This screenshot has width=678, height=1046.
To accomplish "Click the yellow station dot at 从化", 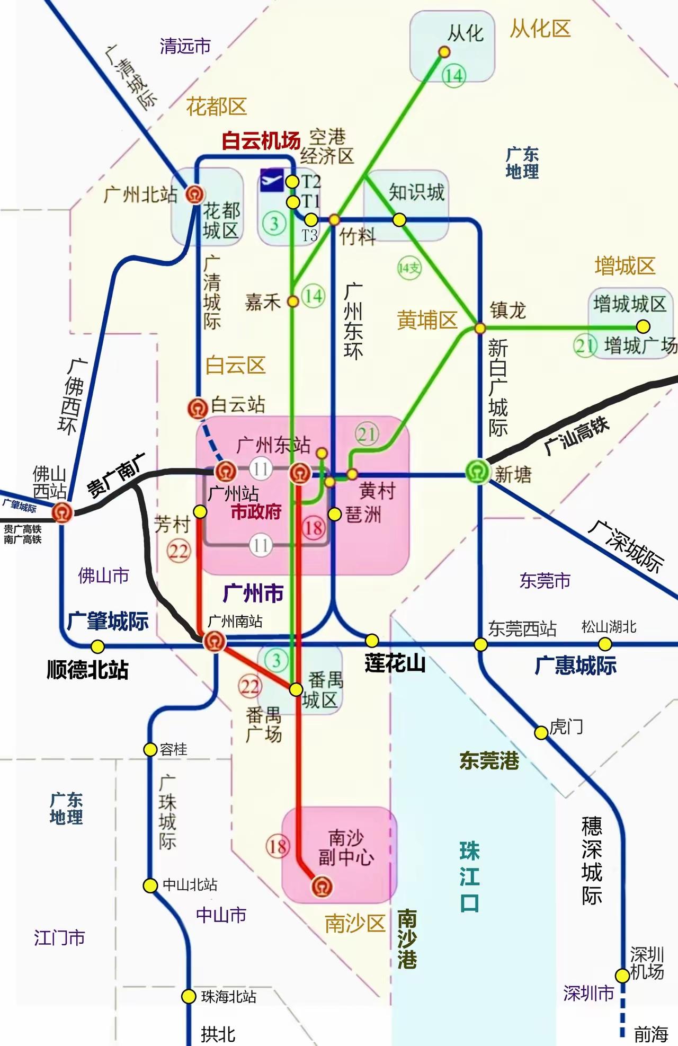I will tap(444, 52).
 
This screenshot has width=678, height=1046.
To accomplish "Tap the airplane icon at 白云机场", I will tap(272, 180).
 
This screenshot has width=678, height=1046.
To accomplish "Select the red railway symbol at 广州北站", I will tap(195, 194).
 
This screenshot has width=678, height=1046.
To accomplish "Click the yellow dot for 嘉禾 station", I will tap(292, 302).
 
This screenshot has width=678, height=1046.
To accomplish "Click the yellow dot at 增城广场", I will tap(643, 326).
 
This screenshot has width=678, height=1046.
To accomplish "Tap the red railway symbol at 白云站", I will tap(198, 408).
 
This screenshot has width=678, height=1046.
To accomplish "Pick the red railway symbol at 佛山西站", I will tap(63, 512).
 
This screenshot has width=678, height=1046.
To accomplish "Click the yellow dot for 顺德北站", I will tap(97, 646).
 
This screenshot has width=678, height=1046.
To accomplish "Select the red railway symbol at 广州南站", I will tap(215, 641).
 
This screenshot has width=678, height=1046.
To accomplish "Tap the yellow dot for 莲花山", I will tap(372, 640).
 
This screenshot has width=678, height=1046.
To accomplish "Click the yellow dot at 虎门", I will tap(540, 733).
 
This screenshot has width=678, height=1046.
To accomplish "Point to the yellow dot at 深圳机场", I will tap(622, 975).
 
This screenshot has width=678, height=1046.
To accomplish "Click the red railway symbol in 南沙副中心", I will tap(322, 886).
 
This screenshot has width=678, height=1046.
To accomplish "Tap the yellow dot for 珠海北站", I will tap(189, 997).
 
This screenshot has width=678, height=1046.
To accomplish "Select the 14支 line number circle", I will tap(409, 268).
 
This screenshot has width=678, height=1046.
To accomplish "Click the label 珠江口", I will tap(469, 876).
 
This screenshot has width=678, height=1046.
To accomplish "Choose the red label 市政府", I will tap(256, 512).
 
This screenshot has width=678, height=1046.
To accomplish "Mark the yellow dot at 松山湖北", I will tap(605, 644).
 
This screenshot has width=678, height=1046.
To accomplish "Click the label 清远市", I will tap(185, 46).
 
